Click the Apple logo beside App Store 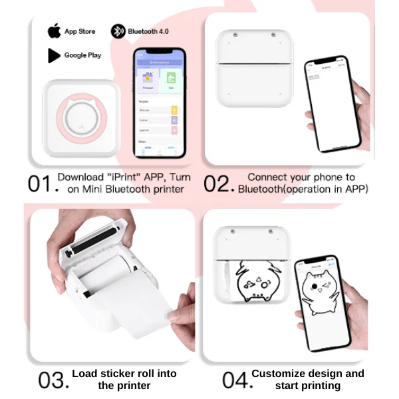click(53, 31)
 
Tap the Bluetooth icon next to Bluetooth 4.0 click(117, 31)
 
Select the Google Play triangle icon click(54, 55)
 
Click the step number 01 click(39, 184)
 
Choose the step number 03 click(53, 380)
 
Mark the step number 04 click(235, 380)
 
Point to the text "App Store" click(80, 31)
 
